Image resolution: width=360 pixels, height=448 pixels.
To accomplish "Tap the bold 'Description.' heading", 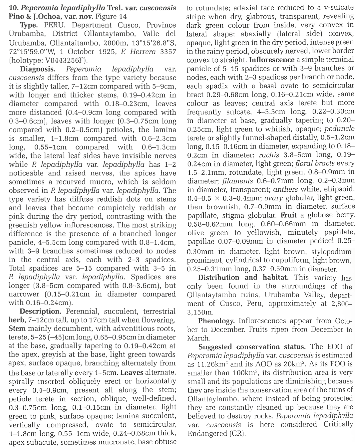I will click(x=40, y=312).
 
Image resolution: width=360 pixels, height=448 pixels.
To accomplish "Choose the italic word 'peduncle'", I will click(x=339, y=129).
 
